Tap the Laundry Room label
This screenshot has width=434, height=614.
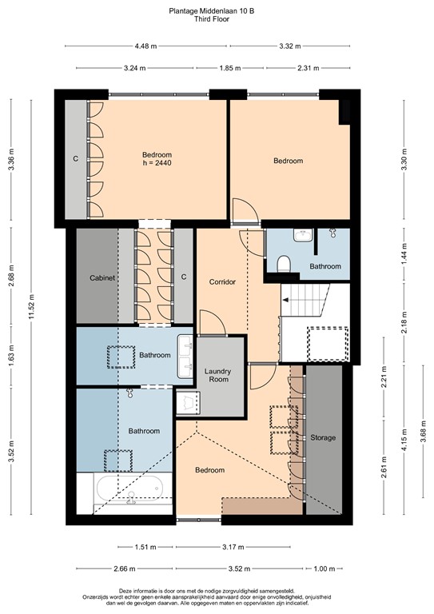[217, 375]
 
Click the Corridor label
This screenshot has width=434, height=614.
[223, 282]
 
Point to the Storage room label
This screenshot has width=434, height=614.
[323, 437]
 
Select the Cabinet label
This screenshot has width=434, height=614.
[102, 277]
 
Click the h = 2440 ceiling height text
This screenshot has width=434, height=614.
[157, 163]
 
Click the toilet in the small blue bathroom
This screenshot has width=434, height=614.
[283, 264]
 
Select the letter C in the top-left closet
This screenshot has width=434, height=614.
[76, 159]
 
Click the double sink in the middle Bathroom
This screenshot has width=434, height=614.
[186, 356]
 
